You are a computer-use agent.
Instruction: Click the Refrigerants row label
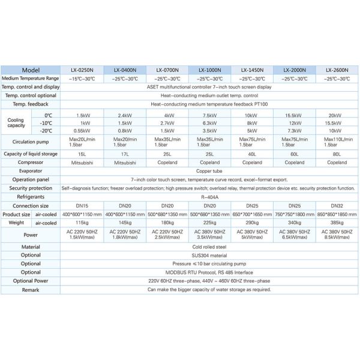[31, 196]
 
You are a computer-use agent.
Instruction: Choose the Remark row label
[31, 289]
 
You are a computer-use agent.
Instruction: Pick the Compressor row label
[31, 162]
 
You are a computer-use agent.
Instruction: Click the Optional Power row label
[31, 280]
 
